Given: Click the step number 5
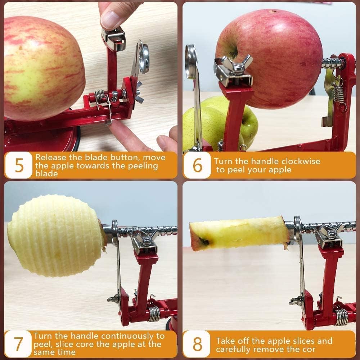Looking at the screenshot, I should click(19, 165).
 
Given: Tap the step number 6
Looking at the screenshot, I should click(197, 165).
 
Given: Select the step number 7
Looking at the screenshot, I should click(19, 344).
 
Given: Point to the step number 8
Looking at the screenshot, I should click(197, 344).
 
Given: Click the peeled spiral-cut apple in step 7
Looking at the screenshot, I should click(54, 236).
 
